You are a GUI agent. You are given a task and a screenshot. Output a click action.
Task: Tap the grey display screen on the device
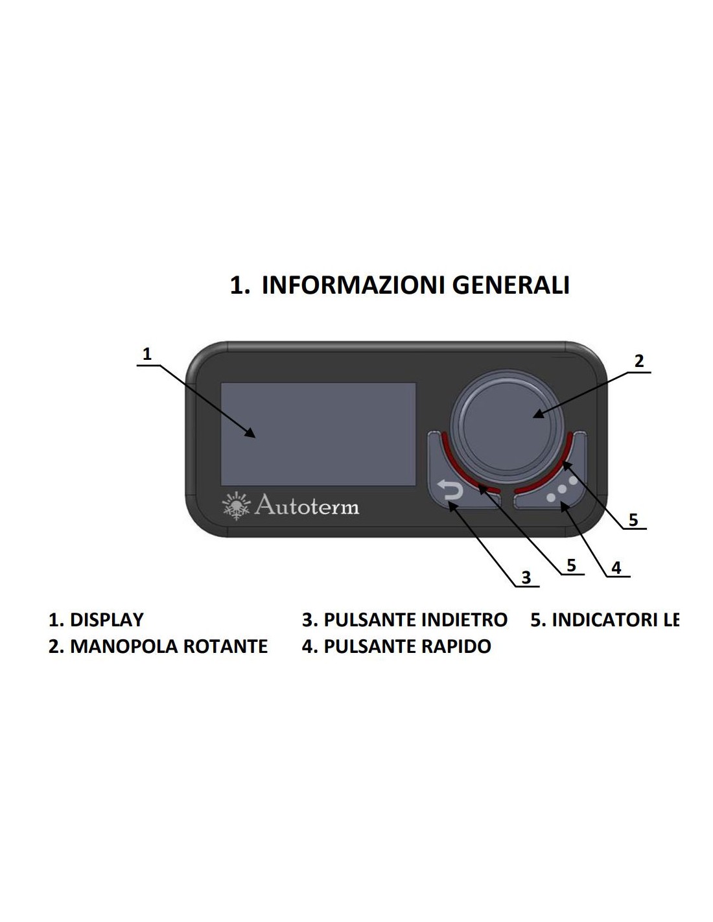point(318,434)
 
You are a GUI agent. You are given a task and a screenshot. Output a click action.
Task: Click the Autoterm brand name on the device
point(307,506)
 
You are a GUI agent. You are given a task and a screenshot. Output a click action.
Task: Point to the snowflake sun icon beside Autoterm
point(236,506)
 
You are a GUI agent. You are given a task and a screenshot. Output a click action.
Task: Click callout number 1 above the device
point(147,354)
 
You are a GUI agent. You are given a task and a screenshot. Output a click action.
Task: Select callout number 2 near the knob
point(639,361)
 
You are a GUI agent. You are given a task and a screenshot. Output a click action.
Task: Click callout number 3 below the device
point(526,577)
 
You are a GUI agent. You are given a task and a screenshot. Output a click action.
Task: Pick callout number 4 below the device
point(616,568)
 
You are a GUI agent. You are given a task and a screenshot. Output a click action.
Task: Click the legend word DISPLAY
point(106,620)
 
